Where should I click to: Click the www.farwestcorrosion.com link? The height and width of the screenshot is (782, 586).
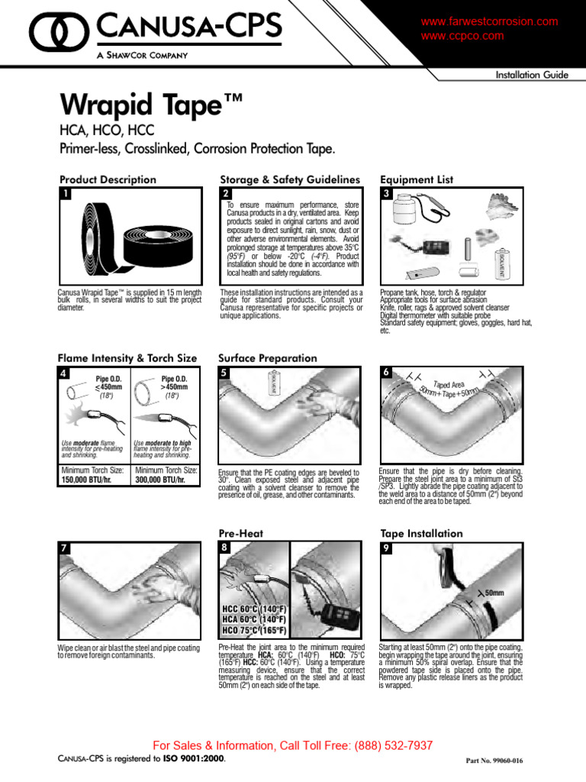(x=489, y=22)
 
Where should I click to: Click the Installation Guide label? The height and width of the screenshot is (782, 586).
(x=531, y=75)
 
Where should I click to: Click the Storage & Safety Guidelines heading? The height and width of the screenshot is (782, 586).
(x=289, y=179)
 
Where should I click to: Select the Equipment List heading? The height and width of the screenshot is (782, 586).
(x=417, y=179)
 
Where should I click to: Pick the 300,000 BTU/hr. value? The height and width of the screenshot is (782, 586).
(x=162, y=480)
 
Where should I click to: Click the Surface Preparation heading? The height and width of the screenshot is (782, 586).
(x=267, y=357)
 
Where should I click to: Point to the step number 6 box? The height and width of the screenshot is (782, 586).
(x=387, y=373)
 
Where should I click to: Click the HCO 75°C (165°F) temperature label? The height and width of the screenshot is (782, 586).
(x=254, y=631)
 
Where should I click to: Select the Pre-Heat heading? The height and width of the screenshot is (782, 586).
(x=240, y=533)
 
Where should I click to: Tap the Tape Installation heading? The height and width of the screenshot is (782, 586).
(x=421, y=533)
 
